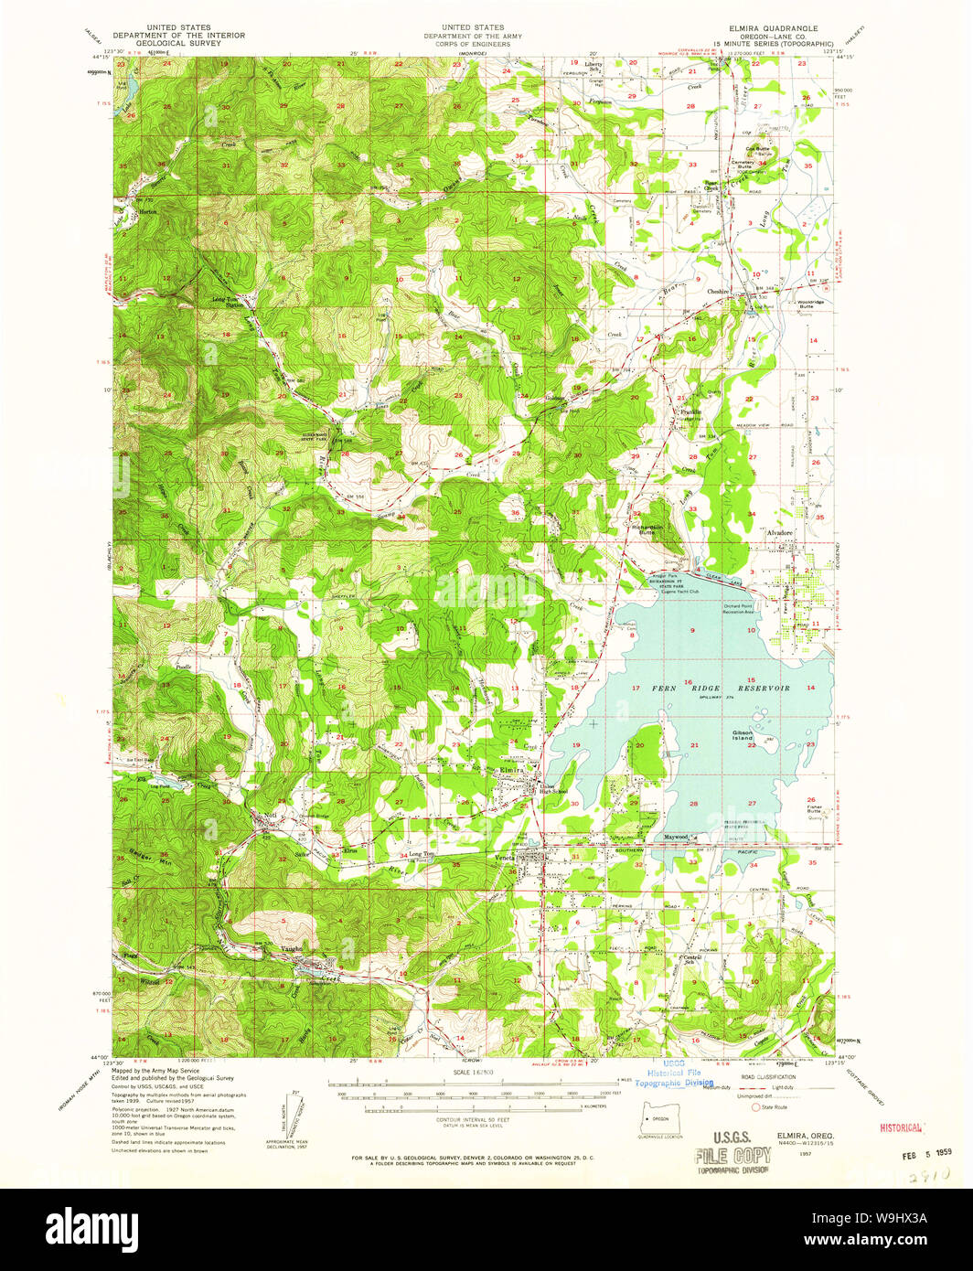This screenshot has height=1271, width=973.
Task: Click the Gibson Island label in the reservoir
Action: [742, 734]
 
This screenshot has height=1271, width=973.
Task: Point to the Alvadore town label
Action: [779, 530]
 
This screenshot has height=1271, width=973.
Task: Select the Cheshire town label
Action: [719, 292]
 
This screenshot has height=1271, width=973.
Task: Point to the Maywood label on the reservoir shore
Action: [676, 836]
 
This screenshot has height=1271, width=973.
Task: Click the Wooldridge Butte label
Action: [803, 304]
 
